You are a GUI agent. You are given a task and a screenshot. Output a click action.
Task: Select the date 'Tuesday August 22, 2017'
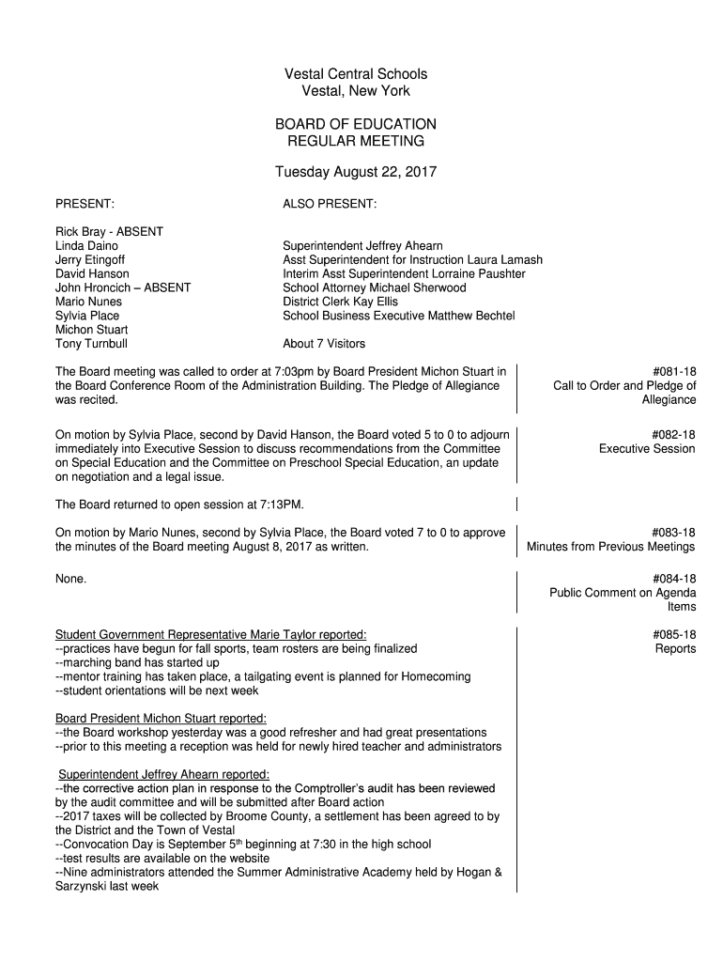click(355, 173)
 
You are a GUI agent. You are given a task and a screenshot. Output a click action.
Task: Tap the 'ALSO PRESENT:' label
click(330, 203)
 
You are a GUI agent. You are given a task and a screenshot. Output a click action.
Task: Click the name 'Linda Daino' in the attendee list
click(86, 245)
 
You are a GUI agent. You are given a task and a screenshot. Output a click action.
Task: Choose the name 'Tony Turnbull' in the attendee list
click(92, 344)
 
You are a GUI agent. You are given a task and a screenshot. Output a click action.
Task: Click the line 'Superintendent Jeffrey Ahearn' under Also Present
click(362, 245)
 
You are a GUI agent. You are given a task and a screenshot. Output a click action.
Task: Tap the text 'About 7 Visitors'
click(324, 344)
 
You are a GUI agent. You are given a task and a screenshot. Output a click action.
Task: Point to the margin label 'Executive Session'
click(647, 448)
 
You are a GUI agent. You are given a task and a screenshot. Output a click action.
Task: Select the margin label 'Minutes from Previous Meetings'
click(611, 547)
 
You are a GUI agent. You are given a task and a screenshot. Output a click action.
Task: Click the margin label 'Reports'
click(675, 649)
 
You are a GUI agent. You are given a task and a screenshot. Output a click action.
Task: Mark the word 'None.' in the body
click(71, 579)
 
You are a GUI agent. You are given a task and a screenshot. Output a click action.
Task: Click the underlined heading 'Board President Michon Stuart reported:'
click(161, 718)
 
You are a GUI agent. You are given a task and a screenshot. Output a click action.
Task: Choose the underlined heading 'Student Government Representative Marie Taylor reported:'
click(210, 634)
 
